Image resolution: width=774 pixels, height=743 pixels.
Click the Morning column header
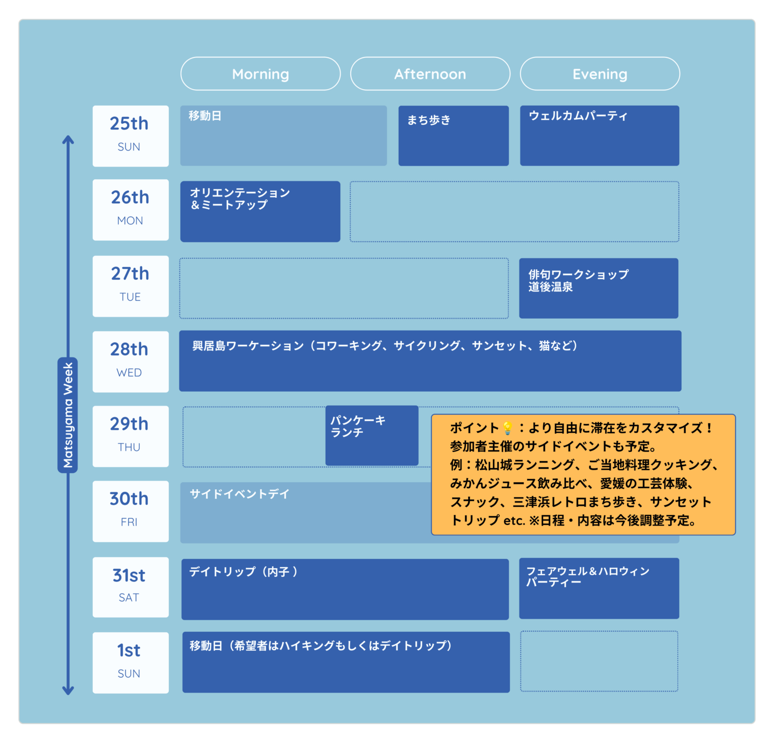(x=261, y=73)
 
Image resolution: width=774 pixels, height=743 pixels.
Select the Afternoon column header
(x=430, y=73)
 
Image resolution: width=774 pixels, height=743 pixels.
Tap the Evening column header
(x=600, y=73)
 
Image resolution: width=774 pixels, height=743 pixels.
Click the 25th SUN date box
(x=131, y=136)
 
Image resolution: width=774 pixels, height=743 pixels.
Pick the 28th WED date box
(x=131, y=361)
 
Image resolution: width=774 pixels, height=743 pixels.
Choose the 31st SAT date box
(x=131, y=587)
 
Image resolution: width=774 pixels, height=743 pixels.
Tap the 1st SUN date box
(x=131, y=662)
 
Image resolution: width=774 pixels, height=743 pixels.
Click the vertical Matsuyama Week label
(x=68, y=415)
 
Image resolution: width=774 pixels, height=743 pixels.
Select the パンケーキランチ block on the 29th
(x=372, y=435)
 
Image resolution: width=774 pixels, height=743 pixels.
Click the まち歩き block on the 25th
(x=454, y=135)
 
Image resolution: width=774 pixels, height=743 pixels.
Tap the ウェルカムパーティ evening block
(x=600, y=135)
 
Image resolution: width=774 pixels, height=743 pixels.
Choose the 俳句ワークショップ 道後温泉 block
(x=599, y=288)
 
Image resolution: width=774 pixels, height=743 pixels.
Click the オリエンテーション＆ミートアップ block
(x=260, y=211)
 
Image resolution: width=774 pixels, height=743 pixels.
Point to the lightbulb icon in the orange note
(x=507, y=428)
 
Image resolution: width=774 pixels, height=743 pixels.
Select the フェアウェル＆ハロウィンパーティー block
(x=599, y=588)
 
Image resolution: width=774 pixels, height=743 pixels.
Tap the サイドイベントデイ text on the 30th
(x=239, y=494)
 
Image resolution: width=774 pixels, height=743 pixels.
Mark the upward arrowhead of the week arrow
(x=68, y=139)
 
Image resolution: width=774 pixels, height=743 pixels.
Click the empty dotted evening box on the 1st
(x=599, y=661)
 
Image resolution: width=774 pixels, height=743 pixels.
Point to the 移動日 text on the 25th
(x=205, y=116)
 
